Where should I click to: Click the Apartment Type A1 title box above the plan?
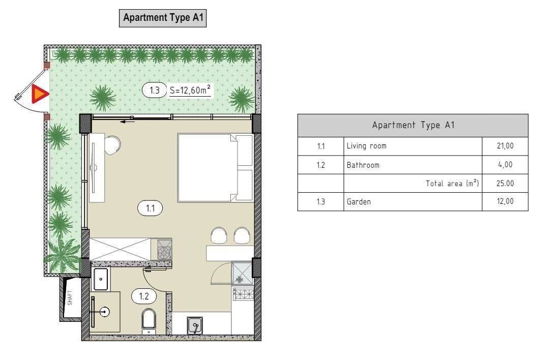pos(162,18)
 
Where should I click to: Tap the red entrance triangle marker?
pos(39,95)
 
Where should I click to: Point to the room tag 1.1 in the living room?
pos(150,207)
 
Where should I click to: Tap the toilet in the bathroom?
pos(149,320)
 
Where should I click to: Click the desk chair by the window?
pos(113,143)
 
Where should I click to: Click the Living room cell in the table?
pos(366,146)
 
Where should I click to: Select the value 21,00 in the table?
pos(505,146)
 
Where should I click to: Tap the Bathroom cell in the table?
pos(363,165)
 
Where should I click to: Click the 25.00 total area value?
pos(505,183)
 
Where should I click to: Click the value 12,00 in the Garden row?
pos(505,202)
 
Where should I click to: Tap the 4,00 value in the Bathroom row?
pos(507,165)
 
